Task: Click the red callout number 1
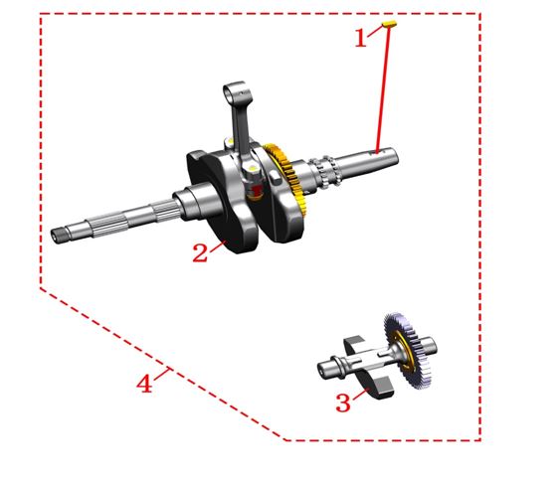361,38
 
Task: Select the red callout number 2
200,253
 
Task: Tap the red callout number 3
343,404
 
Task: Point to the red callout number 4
144,384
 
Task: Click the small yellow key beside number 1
390,24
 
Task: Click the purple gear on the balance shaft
408,351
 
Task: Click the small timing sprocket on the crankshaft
325,172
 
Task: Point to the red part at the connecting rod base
256,191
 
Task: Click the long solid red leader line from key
383,89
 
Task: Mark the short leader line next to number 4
162,374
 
